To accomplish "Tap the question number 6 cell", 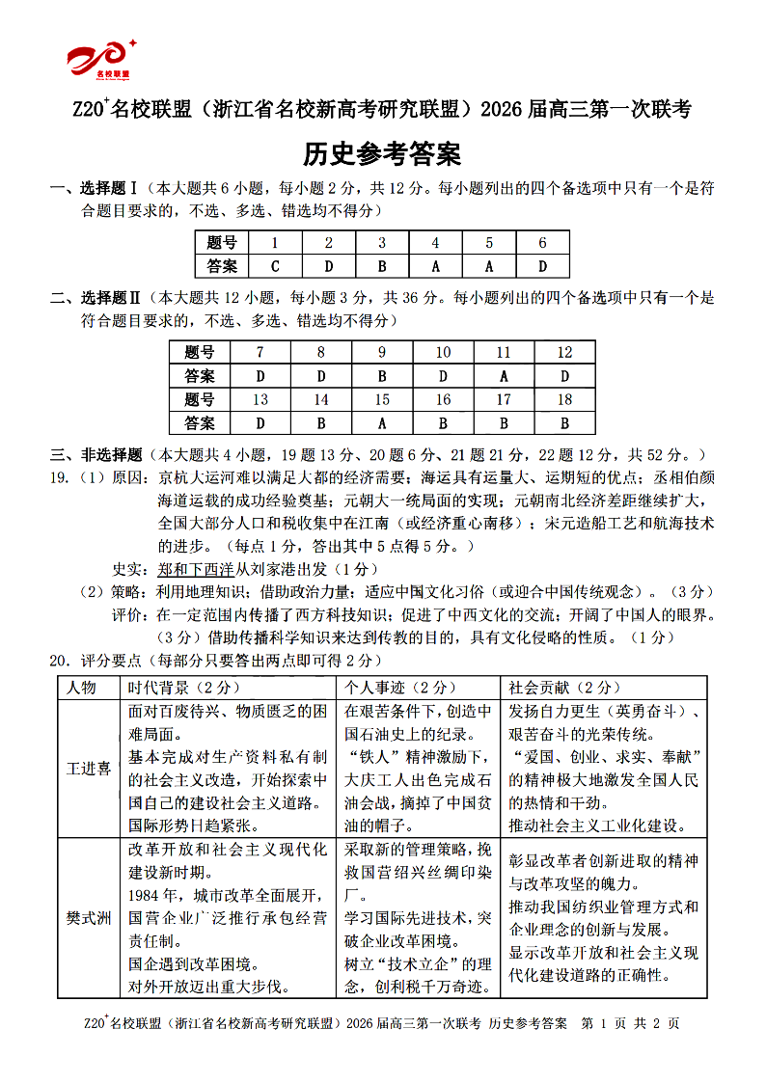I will coord(542,243).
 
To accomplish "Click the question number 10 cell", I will coord(443,353).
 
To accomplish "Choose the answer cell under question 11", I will coord(504,376).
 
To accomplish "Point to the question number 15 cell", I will coord(382,399).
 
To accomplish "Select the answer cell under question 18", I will coord(564,422).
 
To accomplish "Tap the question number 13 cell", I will coord(260,399).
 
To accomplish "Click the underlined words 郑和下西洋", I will coord(196,569).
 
